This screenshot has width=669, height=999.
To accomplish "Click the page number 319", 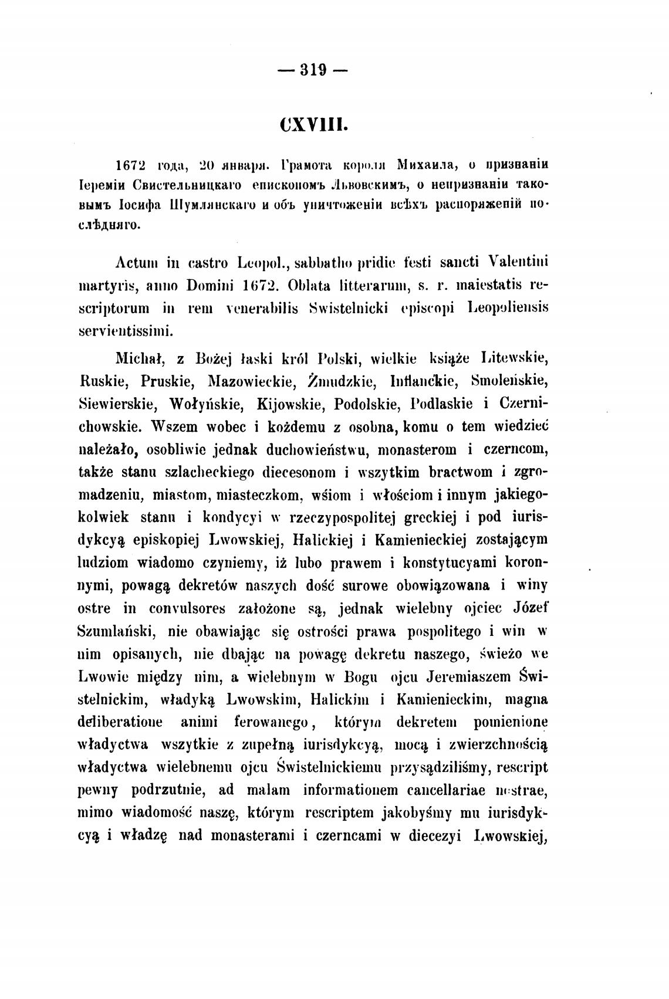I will click(x=312, y=71).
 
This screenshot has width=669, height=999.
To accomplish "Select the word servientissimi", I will click(x=126, y=331).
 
